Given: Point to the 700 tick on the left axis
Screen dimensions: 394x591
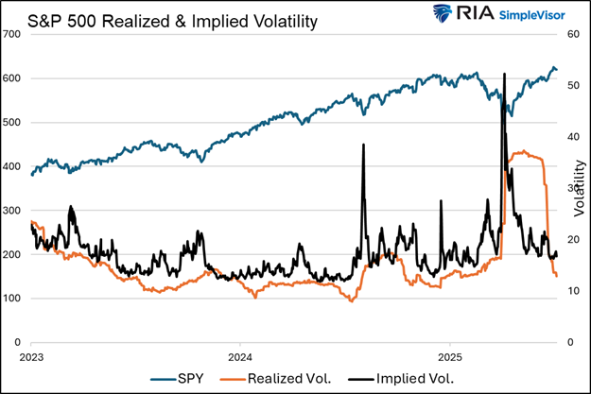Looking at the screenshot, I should pos(11,34).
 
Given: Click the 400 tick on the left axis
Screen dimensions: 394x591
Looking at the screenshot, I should pos(11,166).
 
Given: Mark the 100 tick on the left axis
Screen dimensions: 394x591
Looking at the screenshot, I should pos(11,299).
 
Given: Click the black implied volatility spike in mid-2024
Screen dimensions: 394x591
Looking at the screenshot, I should pos(363,146).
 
